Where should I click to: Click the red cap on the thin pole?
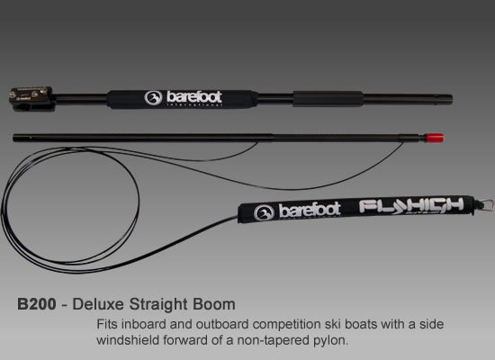(435, 138)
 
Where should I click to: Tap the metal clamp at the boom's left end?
(31, 98)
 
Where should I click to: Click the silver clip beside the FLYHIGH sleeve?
(485, 205)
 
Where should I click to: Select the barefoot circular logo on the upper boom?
(153, 98)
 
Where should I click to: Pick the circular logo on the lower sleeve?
(264, 212)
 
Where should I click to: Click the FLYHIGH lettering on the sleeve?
(411, 205)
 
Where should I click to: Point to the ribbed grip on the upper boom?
(328, 99)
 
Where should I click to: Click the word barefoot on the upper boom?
(193, 96)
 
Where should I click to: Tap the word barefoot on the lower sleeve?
(310, 210)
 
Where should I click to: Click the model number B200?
(37, 304)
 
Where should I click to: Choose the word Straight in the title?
(158, 305)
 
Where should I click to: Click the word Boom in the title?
(214, 304)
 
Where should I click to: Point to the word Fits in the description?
(107, 324)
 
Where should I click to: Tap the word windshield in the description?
(128, 340)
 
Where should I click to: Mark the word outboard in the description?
(222, 324)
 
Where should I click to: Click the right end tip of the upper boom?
(452, 99)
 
